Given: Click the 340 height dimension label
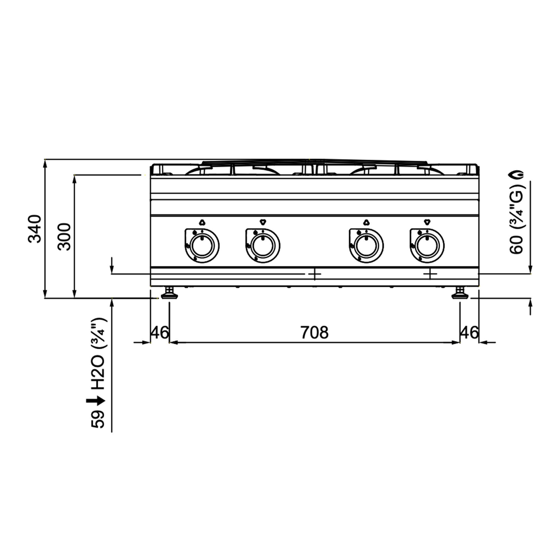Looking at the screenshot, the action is pos(35,229).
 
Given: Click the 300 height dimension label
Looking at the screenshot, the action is pos(64,237).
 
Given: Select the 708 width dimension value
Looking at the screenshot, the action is pos(314,332).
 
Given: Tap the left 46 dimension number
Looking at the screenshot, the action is pos(159,332).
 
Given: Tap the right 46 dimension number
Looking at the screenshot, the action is pos(469,332).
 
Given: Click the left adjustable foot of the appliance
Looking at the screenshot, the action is pos(169,293).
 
